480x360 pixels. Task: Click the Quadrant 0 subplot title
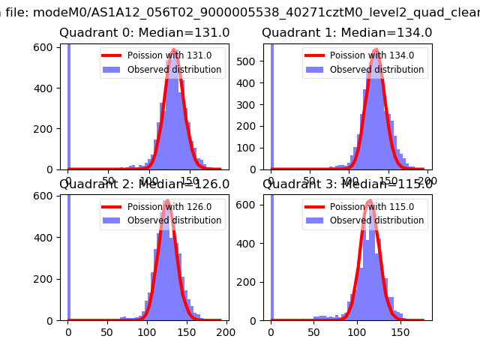144,33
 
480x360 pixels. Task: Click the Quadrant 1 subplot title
346,33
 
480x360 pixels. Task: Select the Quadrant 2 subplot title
144,184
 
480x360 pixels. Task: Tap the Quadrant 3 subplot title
346,184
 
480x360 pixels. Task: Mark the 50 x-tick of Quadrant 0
109,181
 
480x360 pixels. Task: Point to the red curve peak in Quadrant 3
370,201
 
